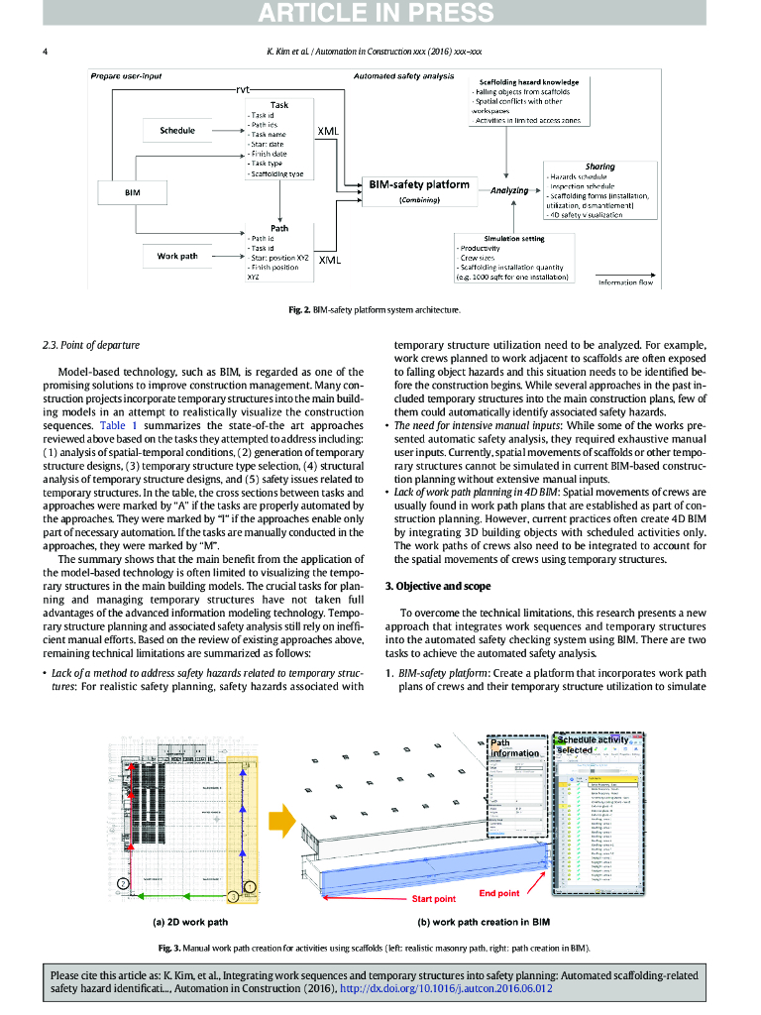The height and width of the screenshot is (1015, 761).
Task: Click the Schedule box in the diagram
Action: tap(177, 131)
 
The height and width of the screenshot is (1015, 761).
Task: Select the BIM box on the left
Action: tap(132, 191)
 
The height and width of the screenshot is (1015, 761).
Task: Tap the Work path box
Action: tap(177, 257)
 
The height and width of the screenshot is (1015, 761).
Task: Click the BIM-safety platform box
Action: tap(419, 185)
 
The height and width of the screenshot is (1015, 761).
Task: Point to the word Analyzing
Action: tap(508, 189)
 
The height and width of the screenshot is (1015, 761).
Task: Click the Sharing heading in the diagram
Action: tap(599, 167)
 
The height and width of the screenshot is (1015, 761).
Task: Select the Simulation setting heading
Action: tap(513, 238)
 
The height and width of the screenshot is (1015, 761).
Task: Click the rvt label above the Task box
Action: tap(243, 89)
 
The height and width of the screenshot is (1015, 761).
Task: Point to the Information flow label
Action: tap(625, 282)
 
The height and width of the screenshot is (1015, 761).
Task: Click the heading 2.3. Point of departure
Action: tap(91, 345)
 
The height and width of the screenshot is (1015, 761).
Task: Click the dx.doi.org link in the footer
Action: tap(446, 988)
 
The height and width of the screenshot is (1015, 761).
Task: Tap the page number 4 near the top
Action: tap(45, 51)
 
